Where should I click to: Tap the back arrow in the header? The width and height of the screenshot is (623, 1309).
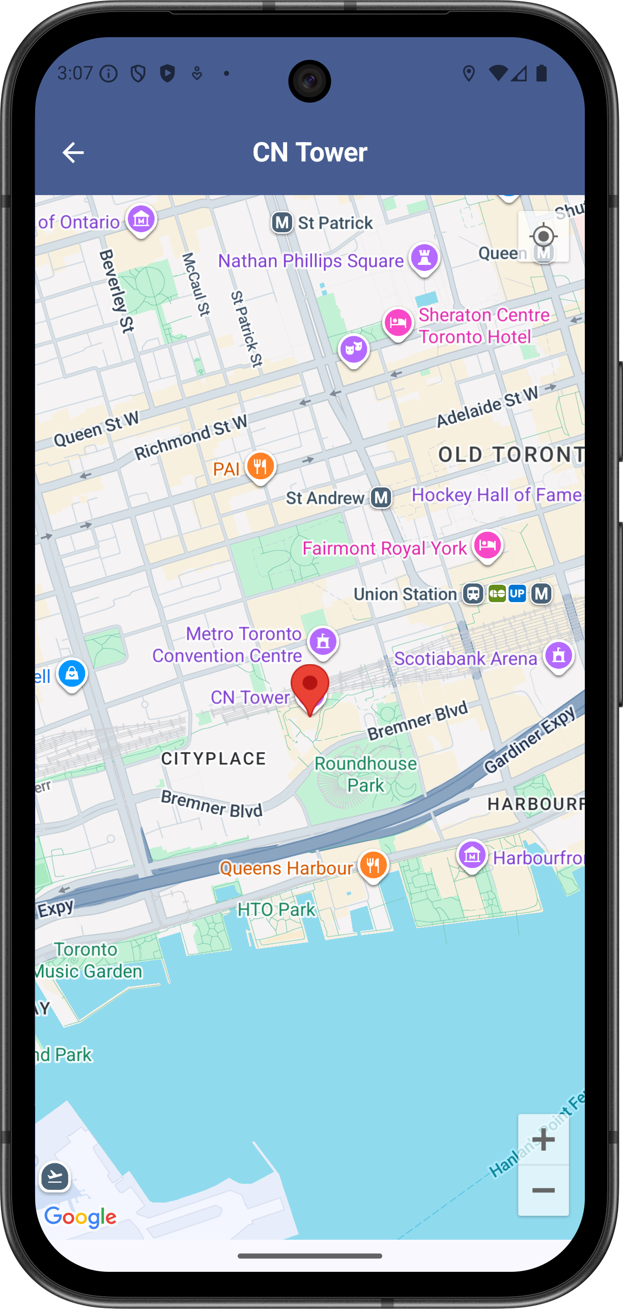coord(73,152)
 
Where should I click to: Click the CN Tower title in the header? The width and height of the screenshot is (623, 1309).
coord(310,152)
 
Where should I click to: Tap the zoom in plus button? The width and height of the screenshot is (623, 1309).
coord(543,1140)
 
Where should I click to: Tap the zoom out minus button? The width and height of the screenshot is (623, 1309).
coord(543,1191)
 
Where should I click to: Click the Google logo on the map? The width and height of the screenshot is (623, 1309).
coord(80,1217)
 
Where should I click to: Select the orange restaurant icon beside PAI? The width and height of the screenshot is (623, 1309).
coord(261,466)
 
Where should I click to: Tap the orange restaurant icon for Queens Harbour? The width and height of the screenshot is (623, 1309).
coord(374,865)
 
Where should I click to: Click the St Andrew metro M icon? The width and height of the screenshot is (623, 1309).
coord(381,498)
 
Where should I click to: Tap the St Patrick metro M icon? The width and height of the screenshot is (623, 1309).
coord(282,223)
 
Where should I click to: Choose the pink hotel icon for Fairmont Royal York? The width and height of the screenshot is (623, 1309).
coord(488,545)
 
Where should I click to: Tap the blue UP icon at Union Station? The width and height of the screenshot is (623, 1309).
coord(517,593)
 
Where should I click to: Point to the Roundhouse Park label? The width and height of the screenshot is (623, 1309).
coord(366,774)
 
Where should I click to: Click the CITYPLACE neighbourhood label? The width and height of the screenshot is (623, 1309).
coord(214,759)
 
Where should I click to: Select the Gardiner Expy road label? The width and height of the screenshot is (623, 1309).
coord(529,741)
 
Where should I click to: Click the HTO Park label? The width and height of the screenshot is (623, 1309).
coord(276,909)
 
